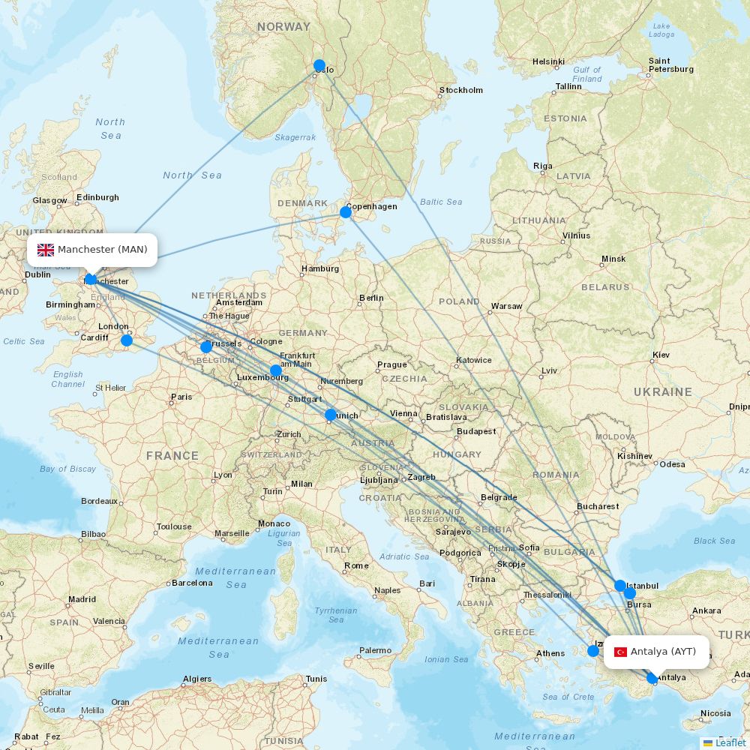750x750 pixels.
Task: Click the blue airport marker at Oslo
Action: [319, 65]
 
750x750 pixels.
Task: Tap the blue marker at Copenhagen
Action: [346, 212]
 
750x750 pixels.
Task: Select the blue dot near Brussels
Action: [206, 346]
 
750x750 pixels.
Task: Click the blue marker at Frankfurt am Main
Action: [276, 370]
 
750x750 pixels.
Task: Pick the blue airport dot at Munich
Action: [331, 415]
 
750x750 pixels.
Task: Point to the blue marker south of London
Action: [127, 340]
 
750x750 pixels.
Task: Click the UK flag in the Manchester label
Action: [46, 250]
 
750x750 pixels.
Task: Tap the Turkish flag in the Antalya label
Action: [620, 652]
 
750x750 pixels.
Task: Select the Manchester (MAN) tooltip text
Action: [103, 250]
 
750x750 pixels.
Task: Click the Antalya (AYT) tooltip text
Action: [663, 652]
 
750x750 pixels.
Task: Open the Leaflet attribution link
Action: [730, 742]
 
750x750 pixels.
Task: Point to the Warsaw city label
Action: [506, 306]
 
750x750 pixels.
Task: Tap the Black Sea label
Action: [714, 541]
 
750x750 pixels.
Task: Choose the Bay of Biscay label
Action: [68, 469]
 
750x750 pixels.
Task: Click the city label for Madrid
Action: [82, 599]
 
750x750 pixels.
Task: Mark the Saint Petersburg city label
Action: [670, 65]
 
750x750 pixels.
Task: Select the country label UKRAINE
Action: [662, 391]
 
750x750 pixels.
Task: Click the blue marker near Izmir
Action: [593, 651]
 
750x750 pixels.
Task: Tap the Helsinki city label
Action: [548, 61]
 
